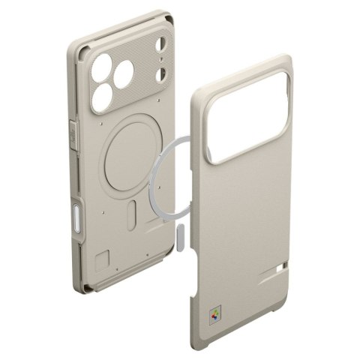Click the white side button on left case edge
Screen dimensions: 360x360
(x=80, y=223)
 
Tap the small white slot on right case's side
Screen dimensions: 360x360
(x=280, y=266)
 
